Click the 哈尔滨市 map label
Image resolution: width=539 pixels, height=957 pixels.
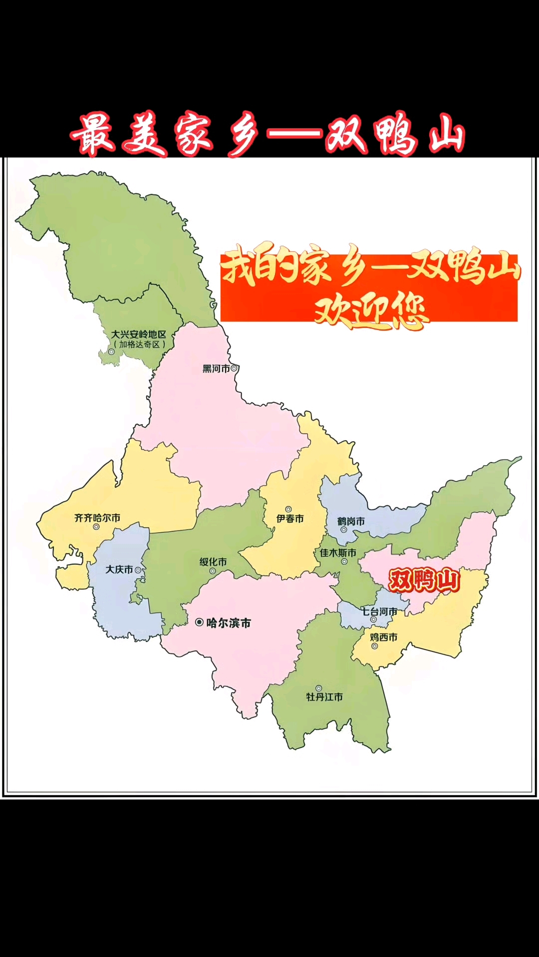pyautogui.click(x=229, y=623)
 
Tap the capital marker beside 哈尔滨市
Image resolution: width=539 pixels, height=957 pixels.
pyautogui.click(x=199, y=622)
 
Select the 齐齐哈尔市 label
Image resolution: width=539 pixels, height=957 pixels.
pyautogui.click(x=97, y=518)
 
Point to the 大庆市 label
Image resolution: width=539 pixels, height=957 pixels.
pyautogui.click(x=119, y=569)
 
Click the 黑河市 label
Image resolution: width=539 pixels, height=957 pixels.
pyautogui.click(x=216, y=369)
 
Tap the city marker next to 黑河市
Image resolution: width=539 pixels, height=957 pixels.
pyautogui.click(x=234, y=368)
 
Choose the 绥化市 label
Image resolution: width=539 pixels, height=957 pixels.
pyautogui.click(x=213, y=562)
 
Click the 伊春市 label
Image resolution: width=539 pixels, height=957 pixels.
pyautogui.click(x=290, y=518)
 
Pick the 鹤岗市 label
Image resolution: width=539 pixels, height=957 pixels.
pyautogui.click(x=351, y=521)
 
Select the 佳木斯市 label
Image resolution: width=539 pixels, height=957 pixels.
pyautogui.click(x=338, y=553)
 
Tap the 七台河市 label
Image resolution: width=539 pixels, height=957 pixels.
pyautogui.click(x=379, y=611)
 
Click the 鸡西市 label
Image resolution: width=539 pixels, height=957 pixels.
pyautogui.click(x=383, y=637)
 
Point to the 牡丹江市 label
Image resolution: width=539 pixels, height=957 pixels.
pyautogui.click(x=324, y=697)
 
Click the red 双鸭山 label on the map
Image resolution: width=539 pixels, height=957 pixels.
pyautogui.click(x=424, y=581)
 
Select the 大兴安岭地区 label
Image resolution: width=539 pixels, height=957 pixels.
pyautogui.click(x=138, y=334)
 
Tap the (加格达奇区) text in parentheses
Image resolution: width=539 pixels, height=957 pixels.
pyautogui.click(x=139, y=344)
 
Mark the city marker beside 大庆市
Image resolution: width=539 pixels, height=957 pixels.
pyautogui.click(x=138, y=570)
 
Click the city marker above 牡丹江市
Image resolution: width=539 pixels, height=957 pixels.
pyautogui.click(x=318, y=688)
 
